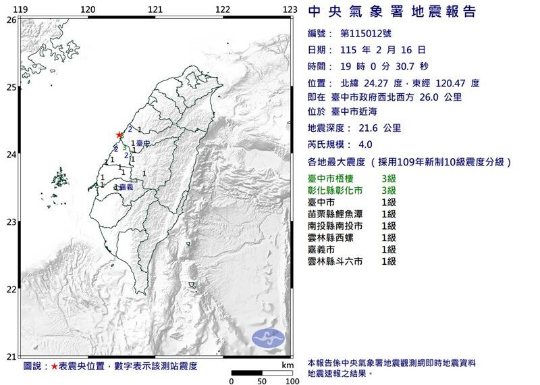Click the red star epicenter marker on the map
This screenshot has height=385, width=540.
click(119, 134)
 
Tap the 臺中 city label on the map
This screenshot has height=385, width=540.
click(142, 143)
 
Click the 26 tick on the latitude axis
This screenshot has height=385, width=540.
click(11, 20)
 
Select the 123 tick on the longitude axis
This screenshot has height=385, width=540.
click(290, 9)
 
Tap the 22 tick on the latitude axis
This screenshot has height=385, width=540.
click(11, 290)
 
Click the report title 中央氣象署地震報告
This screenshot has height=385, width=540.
click(391, 11)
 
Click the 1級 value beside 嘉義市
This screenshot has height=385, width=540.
click(388, 249)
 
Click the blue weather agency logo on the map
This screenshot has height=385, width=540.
click(268, 338)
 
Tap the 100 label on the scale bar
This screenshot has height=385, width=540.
click(292, 381)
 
